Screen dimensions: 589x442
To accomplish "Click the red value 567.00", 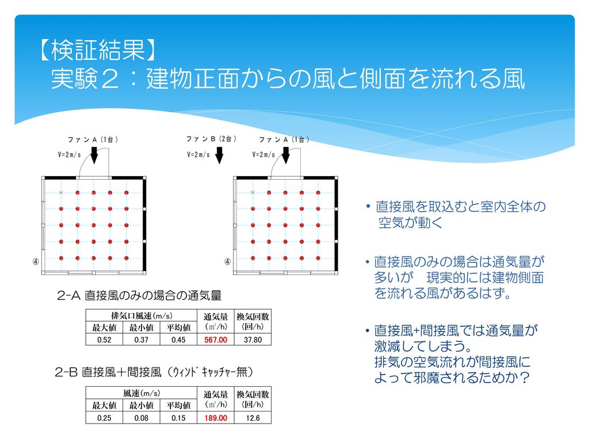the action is [216, 340].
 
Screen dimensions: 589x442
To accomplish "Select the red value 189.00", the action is [216, 418].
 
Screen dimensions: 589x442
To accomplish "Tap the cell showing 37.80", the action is [253, 340].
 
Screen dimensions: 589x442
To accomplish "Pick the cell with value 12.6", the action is [253, 418].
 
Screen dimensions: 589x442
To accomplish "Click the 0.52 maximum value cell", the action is [104, 340].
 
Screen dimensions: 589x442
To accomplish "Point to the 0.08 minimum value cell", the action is [141, 418].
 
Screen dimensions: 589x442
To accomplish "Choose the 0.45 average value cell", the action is [178, 340].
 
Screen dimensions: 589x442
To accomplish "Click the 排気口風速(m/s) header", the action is [141, 316].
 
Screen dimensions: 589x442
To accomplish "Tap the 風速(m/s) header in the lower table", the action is [141, 393].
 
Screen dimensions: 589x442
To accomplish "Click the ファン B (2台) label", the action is [211, 139].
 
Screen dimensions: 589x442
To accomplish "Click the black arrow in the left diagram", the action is [94, 155].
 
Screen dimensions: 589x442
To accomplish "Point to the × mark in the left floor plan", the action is [61, 192].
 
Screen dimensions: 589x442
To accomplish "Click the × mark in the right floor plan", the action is [253, 192].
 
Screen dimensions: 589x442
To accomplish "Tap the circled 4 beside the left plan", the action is [36, 261].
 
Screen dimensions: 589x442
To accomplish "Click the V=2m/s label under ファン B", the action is [198, 154].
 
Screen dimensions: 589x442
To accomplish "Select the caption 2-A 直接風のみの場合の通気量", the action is [139, 295].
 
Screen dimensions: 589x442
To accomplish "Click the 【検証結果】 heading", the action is [97, 49].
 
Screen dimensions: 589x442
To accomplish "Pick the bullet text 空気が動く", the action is [410, 223].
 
